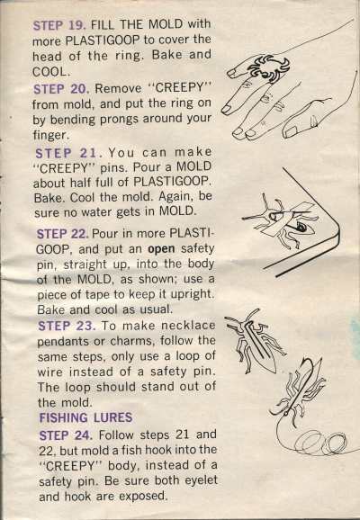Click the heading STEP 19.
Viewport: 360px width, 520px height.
click(59, 25)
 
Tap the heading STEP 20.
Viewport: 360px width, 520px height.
click(61, 89)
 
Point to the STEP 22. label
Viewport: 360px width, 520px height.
click(63, 234)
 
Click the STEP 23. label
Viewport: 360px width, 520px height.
click(67, 326)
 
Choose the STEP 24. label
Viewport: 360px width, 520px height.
click(66, 435)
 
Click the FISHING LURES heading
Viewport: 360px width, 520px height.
click(85, 417)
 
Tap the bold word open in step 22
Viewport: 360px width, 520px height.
click(161, 248)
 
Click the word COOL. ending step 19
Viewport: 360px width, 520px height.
click(51, 72)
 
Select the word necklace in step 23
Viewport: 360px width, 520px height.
click(188, 326)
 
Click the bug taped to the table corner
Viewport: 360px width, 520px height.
click(282, 220)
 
